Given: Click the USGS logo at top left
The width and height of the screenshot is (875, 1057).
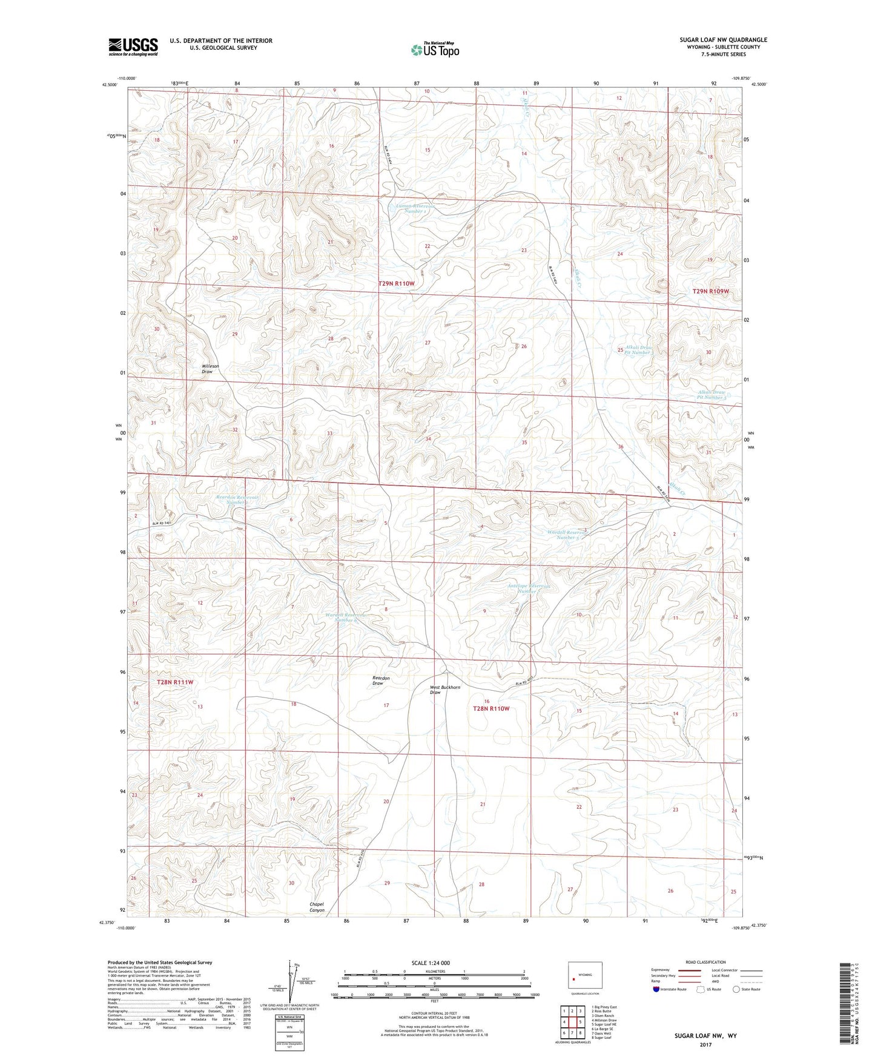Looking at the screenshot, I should click(x=133, y=46).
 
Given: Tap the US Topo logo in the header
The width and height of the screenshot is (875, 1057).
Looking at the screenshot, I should click(x=434, y=50).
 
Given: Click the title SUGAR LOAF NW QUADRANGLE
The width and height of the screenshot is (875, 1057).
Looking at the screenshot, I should click(x=723, y=40).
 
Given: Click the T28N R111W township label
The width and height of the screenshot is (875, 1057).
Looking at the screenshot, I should click(x=175, y=682).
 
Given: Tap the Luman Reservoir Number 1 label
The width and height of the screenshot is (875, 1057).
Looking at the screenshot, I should click(x=411, y=208).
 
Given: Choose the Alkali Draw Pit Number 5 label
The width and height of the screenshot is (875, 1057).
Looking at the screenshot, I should click(x=712, y=395).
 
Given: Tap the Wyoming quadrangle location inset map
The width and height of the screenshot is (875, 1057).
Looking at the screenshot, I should click(x=585, y=976).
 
